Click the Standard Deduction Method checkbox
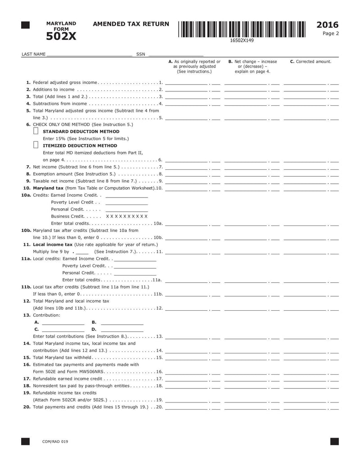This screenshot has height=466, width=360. tap(36, 131)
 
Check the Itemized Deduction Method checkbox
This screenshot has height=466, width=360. tap(36, 145)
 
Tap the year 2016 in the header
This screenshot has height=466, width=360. tap(328, 25)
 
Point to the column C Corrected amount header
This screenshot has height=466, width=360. tap(310, 62)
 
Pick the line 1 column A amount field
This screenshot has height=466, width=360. tap(187, 82)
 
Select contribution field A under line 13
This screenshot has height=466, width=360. tap(63, 322)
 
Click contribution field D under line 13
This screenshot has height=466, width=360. tap(122, 329)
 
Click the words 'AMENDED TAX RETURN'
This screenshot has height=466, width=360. tap(131, 24)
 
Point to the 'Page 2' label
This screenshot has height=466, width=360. tap(331, 33)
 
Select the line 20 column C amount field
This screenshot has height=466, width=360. tap(305, 407)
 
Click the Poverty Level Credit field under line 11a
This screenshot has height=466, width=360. tap(135, 266)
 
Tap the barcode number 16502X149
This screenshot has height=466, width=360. tap(242, 41)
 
